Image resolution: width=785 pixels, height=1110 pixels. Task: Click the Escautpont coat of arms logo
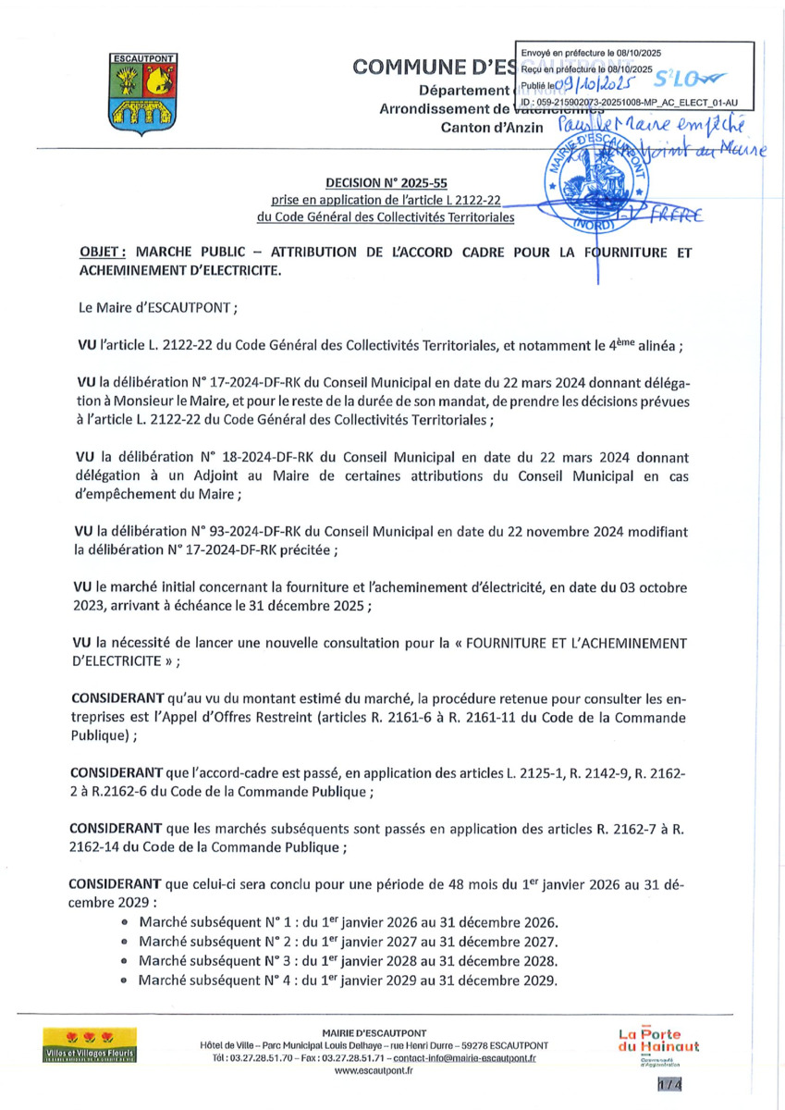[137, 93]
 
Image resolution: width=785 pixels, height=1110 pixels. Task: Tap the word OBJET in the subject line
[104, 252]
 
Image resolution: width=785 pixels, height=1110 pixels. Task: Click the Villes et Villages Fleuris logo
[90, 1043]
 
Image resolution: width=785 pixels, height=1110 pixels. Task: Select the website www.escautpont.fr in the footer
[374, 1070]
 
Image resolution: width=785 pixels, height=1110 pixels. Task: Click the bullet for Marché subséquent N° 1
[124, 923]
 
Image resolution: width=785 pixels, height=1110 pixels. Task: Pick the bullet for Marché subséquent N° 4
[124, 980]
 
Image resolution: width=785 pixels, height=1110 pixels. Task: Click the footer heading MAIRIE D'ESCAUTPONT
[374, 1032]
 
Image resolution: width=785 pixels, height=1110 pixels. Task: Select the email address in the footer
[465, 1057]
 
